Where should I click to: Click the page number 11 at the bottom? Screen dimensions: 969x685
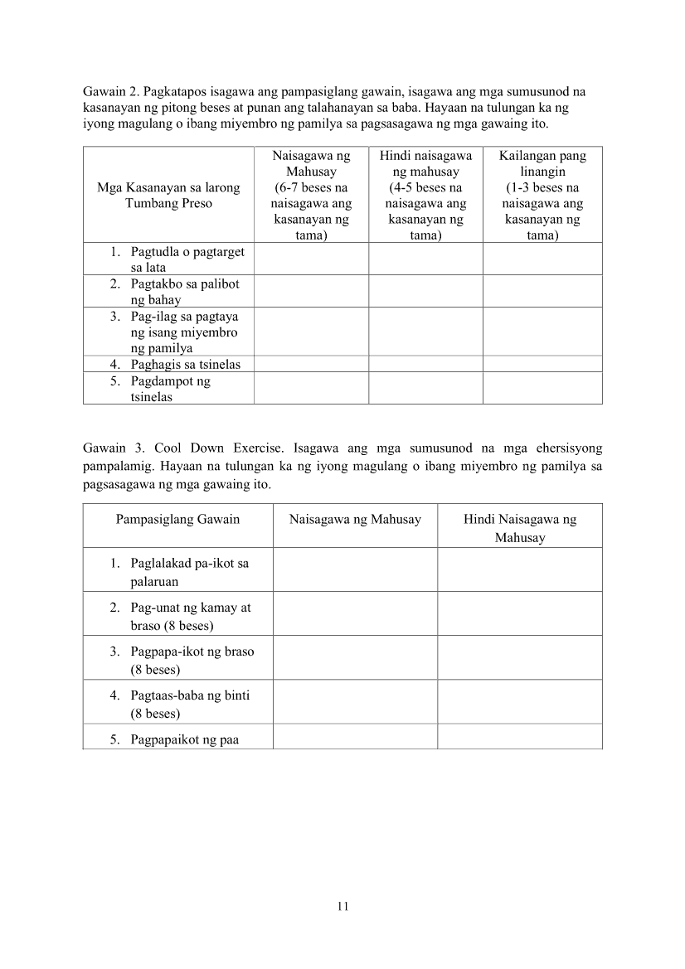(342, 906)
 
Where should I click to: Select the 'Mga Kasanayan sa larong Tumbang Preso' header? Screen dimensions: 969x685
(168, 196)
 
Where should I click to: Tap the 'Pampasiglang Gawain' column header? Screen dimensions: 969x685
(177, 520)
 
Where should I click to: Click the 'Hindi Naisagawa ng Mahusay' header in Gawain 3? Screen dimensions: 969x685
(520, 528)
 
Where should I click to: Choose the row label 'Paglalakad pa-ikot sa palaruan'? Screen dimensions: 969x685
(189, 572)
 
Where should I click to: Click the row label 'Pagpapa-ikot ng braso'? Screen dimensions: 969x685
(192, 660)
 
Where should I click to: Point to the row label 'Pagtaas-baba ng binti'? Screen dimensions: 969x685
(189, 704)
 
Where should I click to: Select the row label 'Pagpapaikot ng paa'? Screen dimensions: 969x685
(184, 739)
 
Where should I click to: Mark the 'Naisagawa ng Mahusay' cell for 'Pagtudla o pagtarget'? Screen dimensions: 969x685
(311, 259)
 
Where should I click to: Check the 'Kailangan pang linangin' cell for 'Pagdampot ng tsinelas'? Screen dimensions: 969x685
(542, 388)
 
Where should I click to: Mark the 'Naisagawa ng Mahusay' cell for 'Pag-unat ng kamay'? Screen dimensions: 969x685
(354, 613)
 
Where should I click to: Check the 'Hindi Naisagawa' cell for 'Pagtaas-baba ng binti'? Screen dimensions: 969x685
(520, 702)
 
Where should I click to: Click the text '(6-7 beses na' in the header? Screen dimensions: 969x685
(311, 187)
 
